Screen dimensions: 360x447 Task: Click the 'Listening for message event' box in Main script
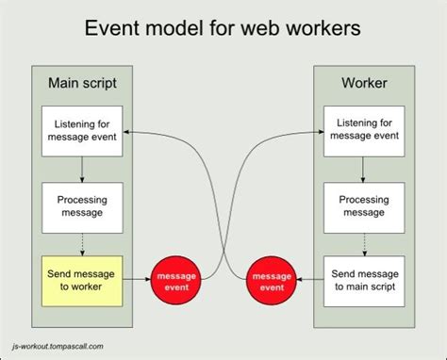click(83, 132)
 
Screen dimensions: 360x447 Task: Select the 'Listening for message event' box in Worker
click(363, 132)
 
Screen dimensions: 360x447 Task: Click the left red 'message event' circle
click(175, 279)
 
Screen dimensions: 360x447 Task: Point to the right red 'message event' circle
click(271, 279)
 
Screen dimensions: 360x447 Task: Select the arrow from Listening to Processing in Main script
click(83, 169)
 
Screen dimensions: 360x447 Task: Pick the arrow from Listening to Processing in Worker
click(363, 169)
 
